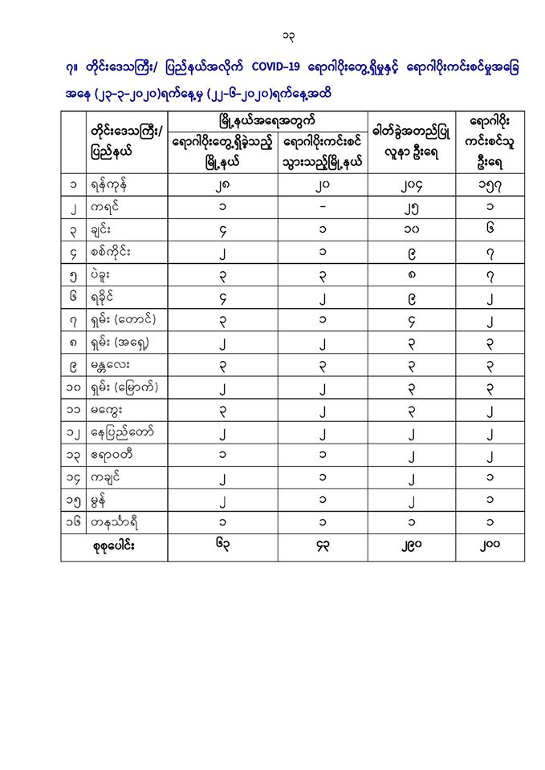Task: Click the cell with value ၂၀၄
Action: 412,185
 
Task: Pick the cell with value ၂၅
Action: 412,208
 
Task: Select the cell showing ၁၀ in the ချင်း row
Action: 412,230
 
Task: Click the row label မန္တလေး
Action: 113,365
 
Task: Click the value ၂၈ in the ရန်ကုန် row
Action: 222,185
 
